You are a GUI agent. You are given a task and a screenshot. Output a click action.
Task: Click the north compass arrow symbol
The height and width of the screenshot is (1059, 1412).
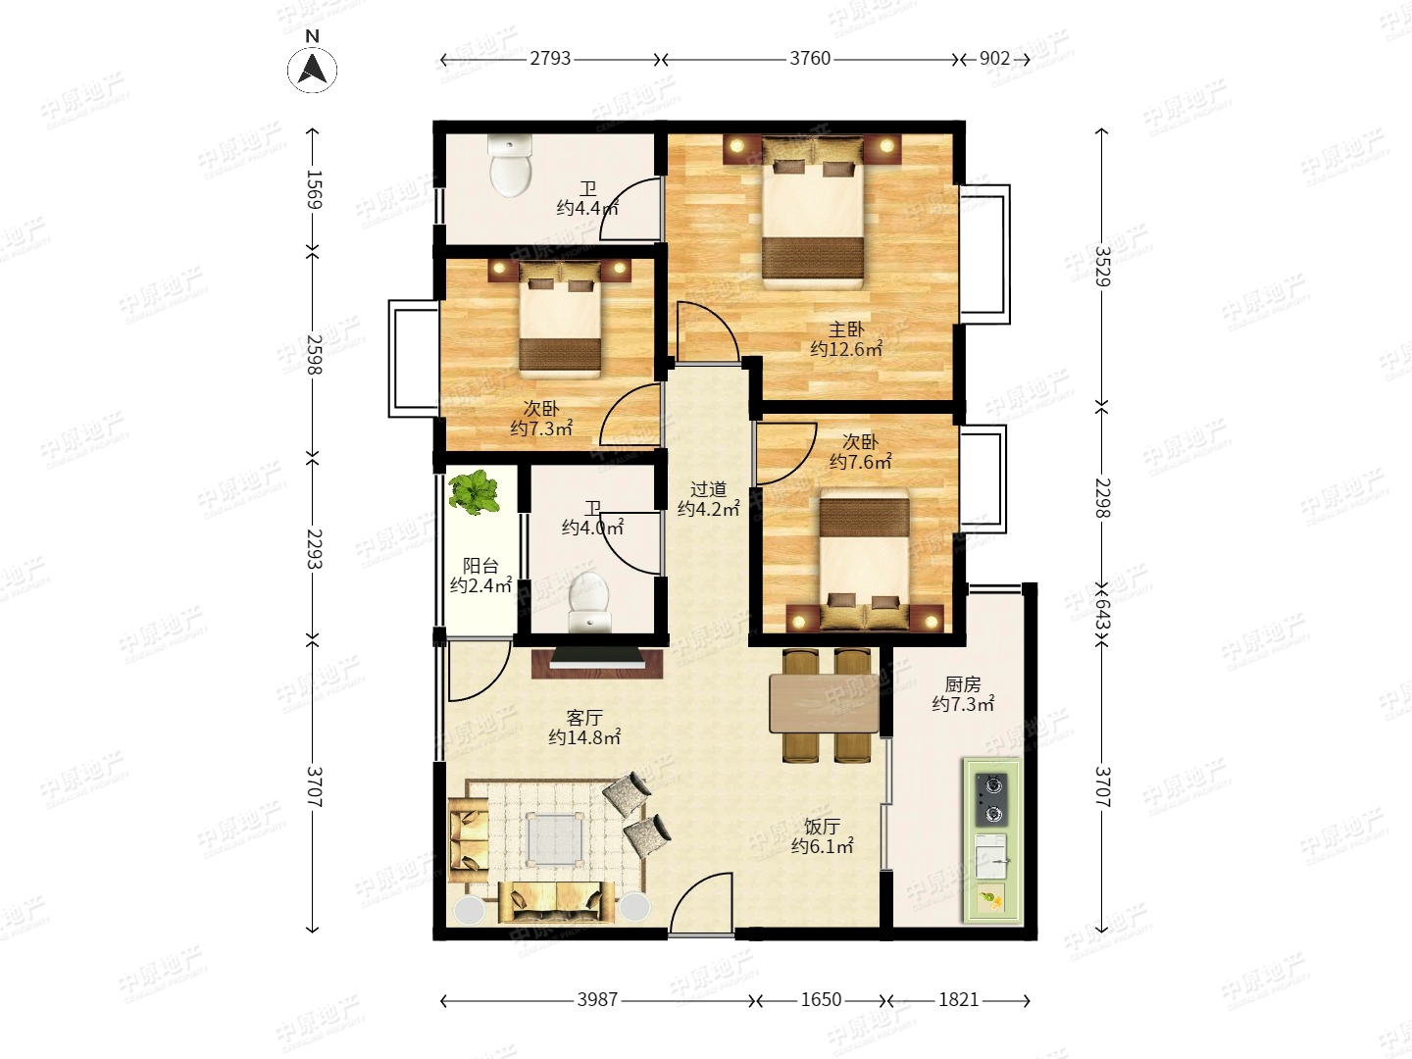coord(312,70)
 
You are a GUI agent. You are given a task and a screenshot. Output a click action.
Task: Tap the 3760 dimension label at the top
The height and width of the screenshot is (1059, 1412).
coord(810,59)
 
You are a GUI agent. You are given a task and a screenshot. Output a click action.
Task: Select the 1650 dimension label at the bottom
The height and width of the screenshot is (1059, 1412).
coord(821,1000)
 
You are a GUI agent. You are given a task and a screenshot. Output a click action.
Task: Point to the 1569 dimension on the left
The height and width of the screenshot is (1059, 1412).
coord(314,189)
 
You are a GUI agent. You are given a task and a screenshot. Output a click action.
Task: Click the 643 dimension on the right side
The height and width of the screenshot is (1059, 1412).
coord(1102,614)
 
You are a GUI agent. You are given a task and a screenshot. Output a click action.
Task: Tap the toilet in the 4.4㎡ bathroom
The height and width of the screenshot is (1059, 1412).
coord(512,166)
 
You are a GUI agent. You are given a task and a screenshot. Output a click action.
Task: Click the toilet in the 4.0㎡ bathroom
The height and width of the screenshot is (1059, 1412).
coord(588,601)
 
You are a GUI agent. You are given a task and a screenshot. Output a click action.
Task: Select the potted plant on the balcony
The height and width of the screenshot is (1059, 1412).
coord(474,492)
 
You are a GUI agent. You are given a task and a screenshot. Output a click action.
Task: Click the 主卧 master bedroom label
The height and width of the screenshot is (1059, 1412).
coord(846,329)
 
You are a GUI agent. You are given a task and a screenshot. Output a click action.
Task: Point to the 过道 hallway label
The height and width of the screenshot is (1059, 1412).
coord(708,490)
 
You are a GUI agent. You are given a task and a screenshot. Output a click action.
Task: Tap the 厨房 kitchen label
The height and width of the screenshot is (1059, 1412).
coord(963,684)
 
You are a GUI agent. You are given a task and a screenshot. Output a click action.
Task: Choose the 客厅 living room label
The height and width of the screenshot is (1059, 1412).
coord(584,717)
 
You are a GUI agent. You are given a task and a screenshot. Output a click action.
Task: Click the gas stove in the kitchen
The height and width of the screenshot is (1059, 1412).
coord(991,800)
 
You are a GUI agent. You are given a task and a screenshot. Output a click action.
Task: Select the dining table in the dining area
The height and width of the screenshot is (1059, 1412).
coord(824,703)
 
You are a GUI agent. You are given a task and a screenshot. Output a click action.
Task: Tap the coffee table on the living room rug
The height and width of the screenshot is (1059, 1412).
coord(556,837)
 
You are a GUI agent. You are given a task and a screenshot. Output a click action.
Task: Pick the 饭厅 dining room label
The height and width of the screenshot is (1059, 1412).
coord(822,827)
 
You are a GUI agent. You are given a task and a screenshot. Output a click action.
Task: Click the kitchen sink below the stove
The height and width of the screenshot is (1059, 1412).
coord(990,856)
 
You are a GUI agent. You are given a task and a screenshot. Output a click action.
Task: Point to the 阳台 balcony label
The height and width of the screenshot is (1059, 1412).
coord(480,566)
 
